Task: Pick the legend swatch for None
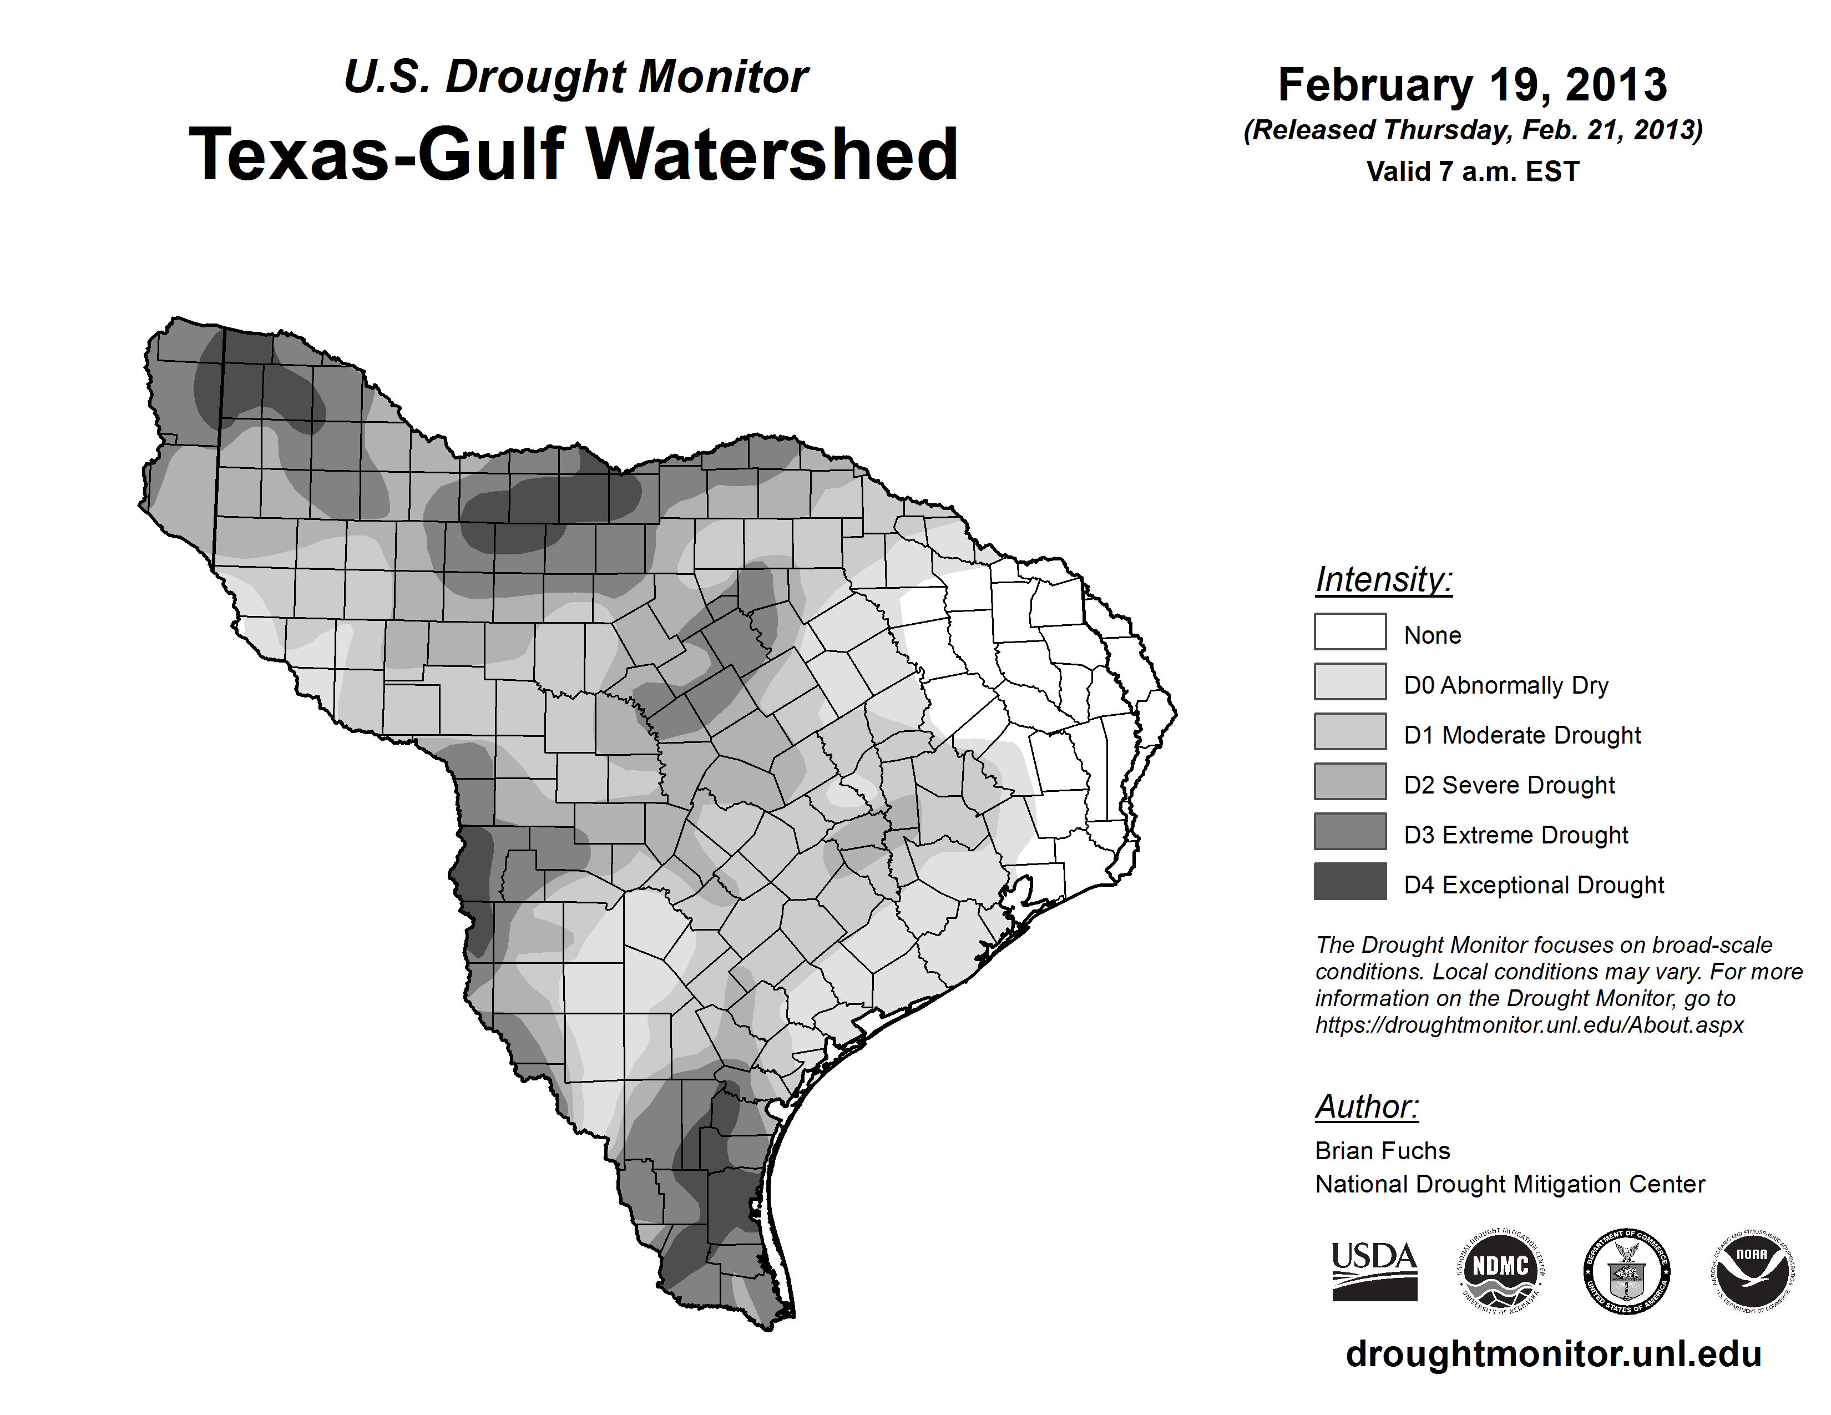pyautogui.click(x=1350, y=631)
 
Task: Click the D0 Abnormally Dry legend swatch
pyautogui.click(x=1350, y=681)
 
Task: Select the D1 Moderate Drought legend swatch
pyautogui.click(x=1350, y=731)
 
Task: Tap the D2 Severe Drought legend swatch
pyautogui.click(x=1350, y=781)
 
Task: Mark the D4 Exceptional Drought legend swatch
pyautogui.click(x=1350, y=881)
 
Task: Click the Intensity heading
pyautogui.click(x=1383, y=580)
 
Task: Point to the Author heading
pyautogui.click(x=1367, y=1106)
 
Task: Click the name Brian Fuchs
pyautogui.click(x=1383, y=1150)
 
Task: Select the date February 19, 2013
pyautogui.click(x=1472, y=85)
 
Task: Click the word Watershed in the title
pyautogui.click(x=771, y=154)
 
